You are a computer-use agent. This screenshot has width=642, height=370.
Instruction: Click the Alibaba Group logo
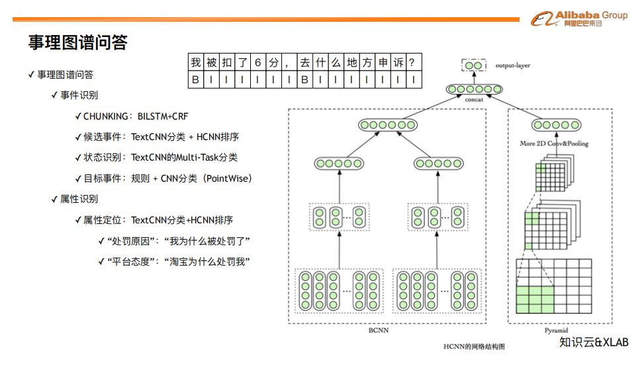[x=579, y=18]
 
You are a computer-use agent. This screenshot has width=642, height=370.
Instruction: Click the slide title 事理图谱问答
[x=78, y=42]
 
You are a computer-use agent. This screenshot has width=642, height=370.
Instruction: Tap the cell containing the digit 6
[x=257, y=62]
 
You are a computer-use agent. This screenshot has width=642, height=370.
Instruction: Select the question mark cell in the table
[x=414, y=62]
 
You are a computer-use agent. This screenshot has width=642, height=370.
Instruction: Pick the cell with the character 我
[x=196, y=62]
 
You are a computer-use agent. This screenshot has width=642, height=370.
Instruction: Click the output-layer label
[x=513, y=65]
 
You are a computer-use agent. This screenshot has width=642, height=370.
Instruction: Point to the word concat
[x=474, y=99]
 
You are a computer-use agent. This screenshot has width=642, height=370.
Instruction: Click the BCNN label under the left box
[x=379, y=330]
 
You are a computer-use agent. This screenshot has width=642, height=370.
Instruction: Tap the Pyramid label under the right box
[x=556, y=330]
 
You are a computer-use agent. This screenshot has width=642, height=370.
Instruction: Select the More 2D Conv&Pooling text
[x=554, y=143]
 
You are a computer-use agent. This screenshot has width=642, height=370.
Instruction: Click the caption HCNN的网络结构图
[x=474, y=346]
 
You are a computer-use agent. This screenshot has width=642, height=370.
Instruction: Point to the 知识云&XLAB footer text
[x=594, y=342]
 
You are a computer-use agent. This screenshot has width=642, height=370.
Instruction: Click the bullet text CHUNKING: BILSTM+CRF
[x=136, y=116]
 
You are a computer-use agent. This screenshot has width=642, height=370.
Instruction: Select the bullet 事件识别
[x=79, y=95]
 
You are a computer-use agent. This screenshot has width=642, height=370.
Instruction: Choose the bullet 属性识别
[x=79, y=199]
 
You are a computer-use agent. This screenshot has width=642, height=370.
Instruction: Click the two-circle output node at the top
[x=474, y=65]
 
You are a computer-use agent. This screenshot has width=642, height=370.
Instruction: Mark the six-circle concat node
[x=474, y=89]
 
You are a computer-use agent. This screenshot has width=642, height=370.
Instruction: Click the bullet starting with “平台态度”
[x=178, y=262]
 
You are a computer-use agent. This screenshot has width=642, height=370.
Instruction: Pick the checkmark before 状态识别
[x=78, y=158]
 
